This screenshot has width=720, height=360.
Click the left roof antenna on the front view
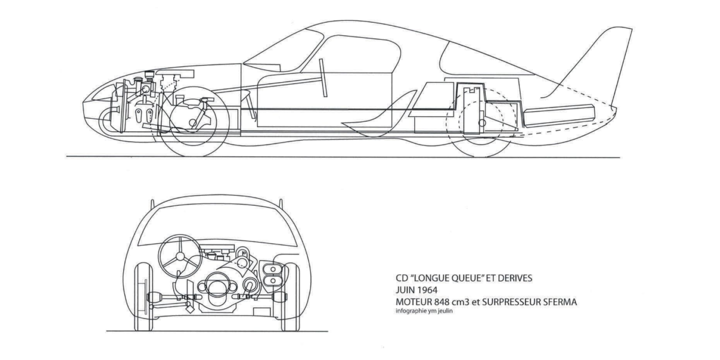pos(152,205)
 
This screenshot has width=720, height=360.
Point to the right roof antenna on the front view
pos(277,205)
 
